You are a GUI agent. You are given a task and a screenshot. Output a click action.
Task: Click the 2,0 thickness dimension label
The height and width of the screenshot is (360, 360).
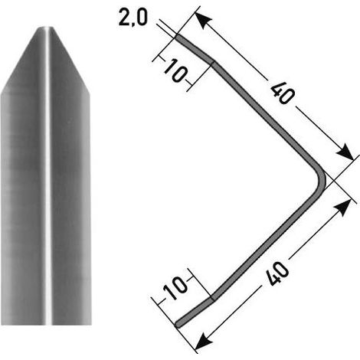[x=133, y=18]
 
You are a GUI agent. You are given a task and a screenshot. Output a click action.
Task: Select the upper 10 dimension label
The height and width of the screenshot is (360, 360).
[x=175, y=70]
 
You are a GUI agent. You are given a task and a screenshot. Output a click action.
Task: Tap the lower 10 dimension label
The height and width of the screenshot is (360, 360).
[x=175, y=288]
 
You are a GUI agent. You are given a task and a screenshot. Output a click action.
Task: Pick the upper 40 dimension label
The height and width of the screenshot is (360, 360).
[x=283, y=94]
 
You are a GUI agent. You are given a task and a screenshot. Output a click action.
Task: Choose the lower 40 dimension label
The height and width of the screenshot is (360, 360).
[x=277, y=273]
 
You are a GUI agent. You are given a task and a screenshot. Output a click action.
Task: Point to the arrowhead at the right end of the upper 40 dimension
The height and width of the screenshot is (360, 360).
[x=345, y=152]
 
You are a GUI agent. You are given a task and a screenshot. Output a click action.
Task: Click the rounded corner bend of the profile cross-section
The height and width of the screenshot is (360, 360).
[x=322, y=178]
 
